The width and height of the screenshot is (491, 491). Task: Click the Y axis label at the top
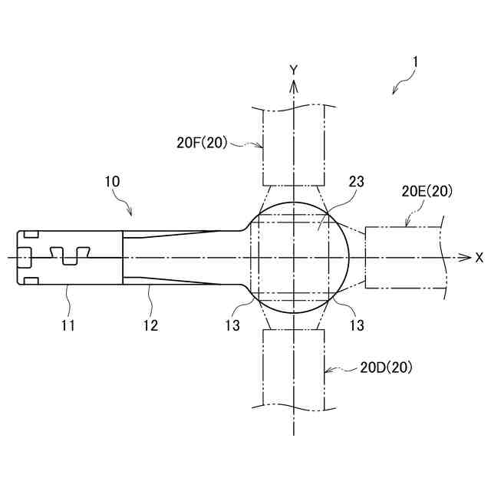[293, 70]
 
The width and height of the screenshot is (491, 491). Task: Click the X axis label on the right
[479, 258]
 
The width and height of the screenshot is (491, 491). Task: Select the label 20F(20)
[202, 142]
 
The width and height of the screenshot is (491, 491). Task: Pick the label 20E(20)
[427, 192]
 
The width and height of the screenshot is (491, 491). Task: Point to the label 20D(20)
[387, 367]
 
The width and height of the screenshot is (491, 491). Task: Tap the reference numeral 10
[112, 182]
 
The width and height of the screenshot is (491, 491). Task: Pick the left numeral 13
[232, 325]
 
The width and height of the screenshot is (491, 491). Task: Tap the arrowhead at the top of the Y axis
[293, 83]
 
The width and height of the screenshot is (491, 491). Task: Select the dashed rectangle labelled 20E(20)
[403, 258]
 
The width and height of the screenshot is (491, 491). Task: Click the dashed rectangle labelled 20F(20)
[294, 146]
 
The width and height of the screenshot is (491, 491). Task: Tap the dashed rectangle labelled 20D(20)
[294, 368]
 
